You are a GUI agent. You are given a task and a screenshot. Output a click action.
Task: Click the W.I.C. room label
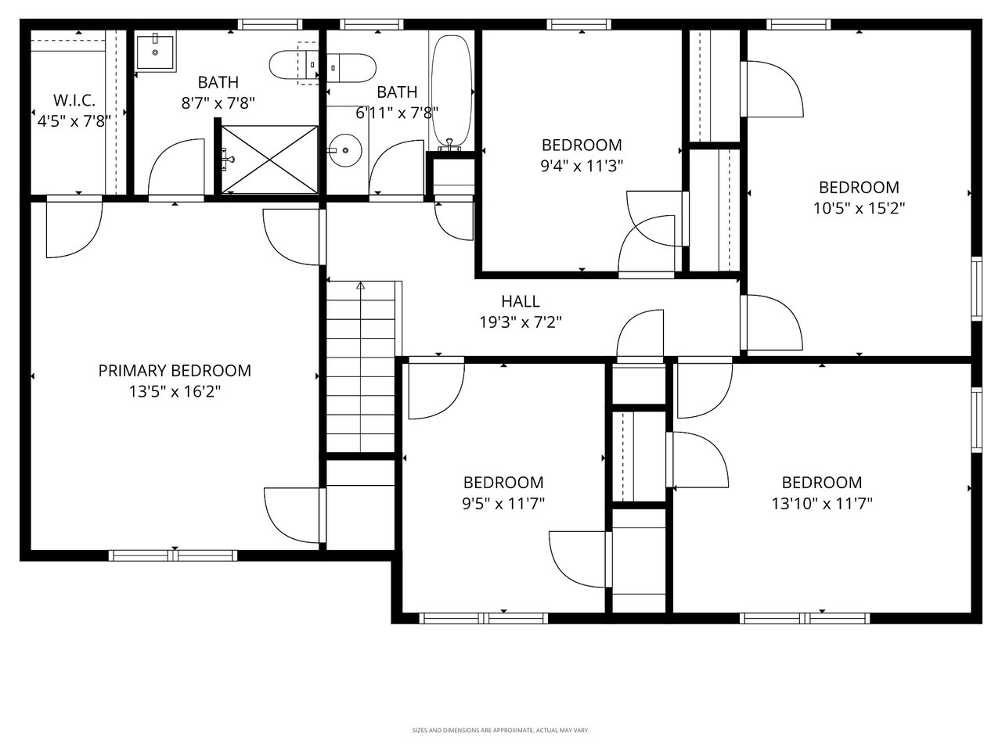(x=74, y=100)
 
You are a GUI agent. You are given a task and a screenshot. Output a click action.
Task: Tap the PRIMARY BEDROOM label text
(x=175, y=371)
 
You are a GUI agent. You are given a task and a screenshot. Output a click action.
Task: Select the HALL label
(x=521, y=301)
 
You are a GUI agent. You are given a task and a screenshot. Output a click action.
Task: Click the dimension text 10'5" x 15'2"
(x=859, y=209)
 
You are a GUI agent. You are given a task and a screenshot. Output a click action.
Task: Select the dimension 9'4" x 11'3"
(x=582, y=166)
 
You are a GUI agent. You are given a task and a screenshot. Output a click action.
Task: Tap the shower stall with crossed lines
(x=269, y=159)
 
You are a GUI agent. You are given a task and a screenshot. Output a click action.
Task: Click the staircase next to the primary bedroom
(x=361, y=368)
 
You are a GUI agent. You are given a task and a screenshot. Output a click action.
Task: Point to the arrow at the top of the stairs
(x=361, y=286)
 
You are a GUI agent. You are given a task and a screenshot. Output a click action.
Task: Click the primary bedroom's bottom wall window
(x=172, y=555)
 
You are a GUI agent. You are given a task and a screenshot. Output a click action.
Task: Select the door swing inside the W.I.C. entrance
(x=72, y=228)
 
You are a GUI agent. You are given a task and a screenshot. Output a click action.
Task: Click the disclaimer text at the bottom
(x=501, y=731)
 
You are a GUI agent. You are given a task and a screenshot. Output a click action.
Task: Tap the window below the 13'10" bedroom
(x=805, y=618)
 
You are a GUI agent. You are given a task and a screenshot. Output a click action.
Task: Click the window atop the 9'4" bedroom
(x=579, y=24)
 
